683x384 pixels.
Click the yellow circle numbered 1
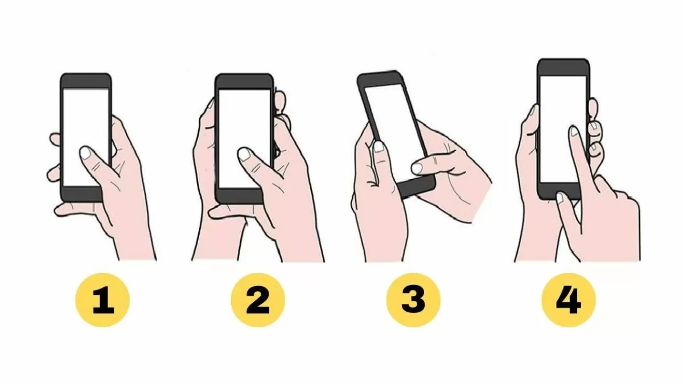coord(102,300)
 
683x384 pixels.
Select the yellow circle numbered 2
coord(258,300)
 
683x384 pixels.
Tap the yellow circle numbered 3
coord(413,300)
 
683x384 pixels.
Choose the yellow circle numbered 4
coord(569,300)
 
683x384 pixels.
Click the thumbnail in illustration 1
coord(85,152)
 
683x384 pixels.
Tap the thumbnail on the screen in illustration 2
coord(244,154)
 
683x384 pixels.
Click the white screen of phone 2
coord(245,139)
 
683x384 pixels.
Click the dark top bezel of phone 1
coord(86,80)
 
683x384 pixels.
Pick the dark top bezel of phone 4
coord(563,67)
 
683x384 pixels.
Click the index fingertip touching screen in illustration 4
coord(574,131)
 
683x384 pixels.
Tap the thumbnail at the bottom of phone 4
coord(560,198)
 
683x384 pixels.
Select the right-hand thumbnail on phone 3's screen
coord(417,168)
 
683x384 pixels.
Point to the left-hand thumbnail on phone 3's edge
coord(378,147)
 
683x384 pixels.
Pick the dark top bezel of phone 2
coord(244,82)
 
